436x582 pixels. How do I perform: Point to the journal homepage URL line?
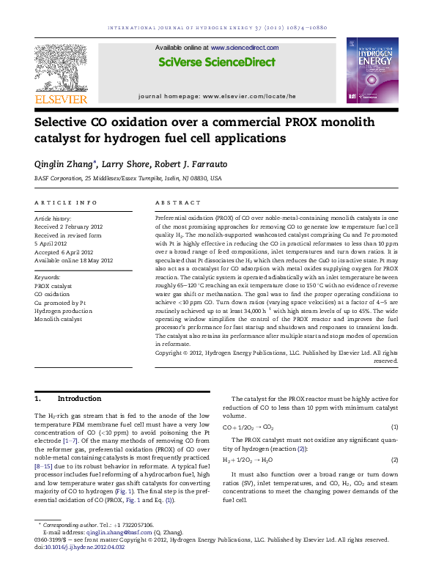(217, 96)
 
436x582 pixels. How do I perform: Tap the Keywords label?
(48, 278)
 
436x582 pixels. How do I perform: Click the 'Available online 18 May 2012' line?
(73, 260)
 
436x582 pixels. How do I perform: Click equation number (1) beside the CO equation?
(394, 427)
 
